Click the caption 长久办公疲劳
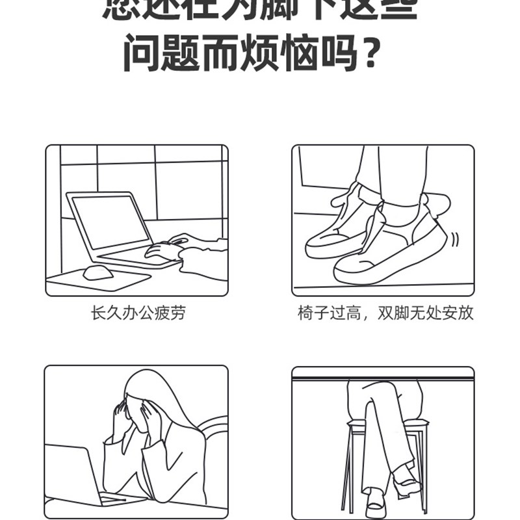(138, 314)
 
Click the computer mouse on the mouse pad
(98, 272)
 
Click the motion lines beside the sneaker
(455, 239)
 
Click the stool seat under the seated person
(387, 424)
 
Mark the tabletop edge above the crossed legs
(383, 372)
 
